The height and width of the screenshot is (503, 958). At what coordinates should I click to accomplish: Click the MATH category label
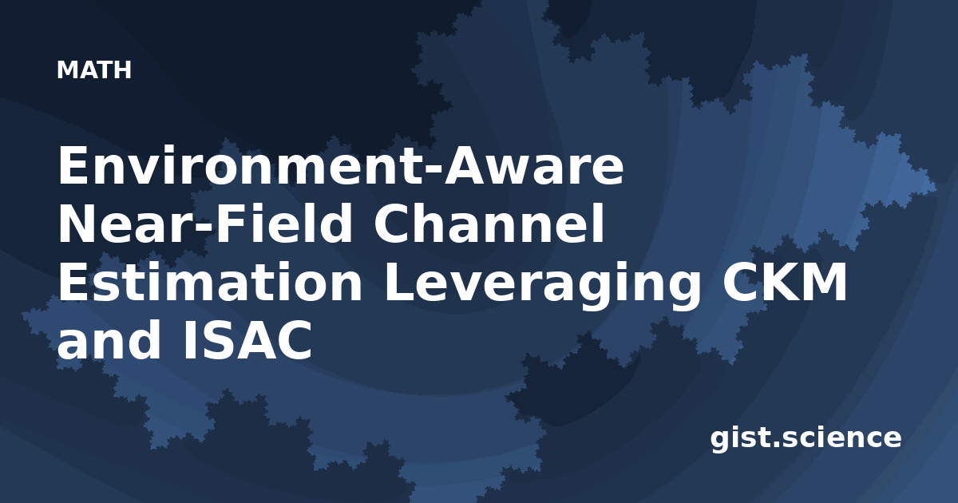tap(94, 70)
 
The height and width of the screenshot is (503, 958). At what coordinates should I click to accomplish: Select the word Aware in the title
tap(534, 165)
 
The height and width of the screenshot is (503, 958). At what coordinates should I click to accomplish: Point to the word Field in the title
tap(283, 223)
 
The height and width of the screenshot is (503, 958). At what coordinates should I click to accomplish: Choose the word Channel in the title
tap(489, 223)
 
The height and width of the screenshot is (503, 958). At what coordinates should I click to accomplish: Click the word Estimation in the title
tap(210, 281)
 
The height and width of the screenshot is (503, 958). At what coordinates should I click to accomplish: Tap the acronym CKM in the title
tap(784, 282)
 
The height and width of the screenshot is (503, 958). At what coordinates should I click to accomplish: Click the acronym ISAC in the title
tap(247, 340)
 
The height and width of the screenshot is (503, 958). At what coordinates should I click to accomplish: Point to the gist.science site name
tap(806, 438)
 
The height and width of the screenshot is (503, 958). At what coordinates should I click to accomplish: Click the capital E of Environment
tap(73, 165)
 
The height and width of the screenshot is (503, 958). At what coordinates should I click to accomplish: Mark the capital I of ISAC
tap(189, 340)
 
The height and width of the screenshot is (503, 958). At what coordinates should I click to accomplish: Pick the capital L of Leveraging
tap(399, 282)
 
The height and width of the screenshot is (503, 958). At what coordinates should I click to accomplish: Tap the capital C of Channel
tap(392, 224)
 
